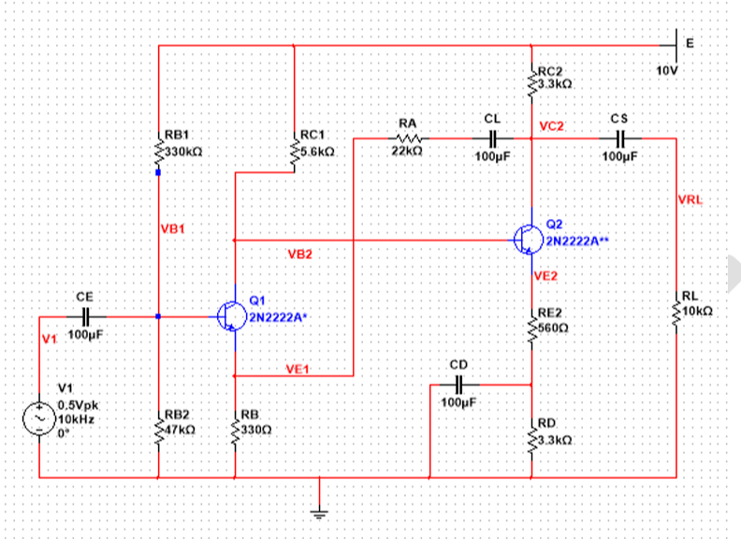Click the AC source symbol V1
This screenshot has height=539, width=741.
(39, 419)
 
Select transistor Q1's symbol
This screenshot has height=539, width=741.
(232, 316)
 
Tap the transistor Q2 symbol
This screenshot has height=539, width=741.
(529, 240)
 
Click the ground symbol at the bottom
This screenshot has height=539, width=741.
(319, 514)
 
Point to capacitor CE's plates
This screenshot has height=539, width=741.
(85, 316)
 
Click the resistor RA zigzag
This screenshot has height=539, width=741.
(408, 138)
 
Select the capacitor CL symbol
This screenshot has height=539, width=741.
(492, 138)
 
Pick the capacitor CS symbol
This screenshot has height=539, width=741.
(620, 138)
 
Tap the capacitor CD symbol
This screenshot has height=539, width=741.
(458, 385)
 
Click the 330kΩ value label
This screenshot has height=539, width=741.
(183, 152)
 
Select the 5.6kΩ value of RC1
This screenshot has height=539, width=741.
(317, 152)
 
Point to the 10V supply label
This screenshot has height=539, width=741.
(667, 71)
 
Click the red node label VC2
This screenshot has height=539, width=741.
(551, 126)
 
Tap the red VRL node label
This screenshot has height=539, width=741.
(690, 199)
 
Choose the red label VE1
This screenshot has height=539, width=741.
(298, 369)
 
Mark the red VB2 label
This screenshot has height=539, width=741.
(300, 255)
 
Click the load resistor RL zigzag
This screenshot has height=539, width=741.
(676, 313)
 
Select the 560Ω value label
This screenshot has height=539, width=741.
(553, 328)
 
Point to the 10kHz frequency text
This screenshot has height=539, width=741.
(76, 419)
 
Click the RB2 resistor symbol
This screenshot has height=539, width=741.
(158, 430)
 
